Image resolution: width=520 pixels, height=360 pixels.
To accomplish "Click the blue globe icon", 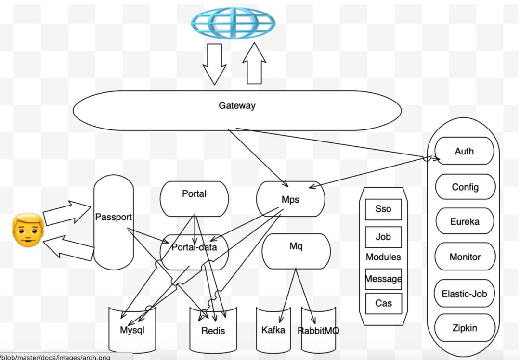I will click(233, 23).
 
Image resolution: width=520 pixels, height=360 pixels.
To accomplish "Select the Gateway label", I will click(237, 106).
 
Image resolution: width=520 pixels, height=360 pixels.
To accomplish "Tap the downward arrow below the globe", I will click(214, 64).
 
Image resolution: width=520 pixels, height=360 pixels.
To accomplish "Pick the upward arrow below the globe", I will click(254, 64).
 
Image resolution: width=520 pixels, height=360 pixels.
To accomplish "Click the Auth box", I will click(464, 151).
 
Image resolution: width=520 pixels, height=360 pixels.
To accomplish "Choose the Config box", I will click(465, 187).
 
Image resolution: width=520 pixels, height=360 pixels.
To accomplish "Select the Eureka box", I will click(465, 222).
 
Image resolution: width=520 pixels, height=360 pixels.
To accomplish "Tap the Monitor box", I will click(465, 257).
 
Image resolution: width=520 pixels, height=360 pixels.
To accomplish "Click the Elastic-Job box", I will click(465, 293).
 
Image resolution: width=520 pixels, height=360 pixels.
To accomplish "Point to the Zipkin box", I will click(465, 328).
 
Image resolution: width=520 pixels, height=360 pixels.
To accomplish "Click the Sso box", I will click(383, 209).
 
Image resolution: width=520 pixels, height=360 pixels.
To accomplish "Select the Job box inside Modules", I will click(383, 237).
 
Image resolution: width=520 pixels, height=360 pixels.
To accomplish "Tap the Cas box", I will click(383, 303).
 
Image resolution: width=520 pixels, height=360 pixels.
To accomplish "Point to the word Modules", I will click(383, 257).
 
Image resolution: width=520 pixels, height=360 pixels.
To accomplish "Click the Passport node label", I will click(113, 217).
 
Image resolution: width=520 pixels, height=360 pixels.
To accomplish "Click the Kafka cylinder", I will click(273, 330).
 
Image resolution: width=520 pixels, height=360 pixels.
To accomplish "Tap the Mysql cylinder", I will click(132, 330).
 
